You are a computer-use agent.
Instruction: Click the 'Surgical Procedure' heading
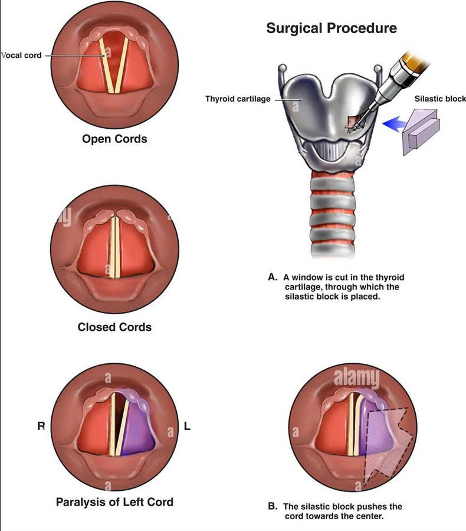332,28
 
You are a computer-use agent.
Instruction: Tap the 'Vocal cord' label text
21,56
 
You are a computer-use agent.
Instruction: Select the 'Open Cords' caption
114,139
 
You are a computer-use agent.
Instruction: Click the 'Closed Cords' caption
114,327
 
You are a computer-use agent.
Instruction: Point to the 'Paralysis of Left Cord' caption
114,502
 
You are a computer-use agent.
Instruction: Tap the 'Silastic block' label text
439,99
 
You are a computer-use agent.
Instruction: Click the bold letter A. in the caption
272,276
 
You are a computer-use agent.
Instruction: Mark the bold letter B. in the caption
272,507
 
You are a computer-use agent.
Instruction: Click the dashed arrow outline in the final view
394,440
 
